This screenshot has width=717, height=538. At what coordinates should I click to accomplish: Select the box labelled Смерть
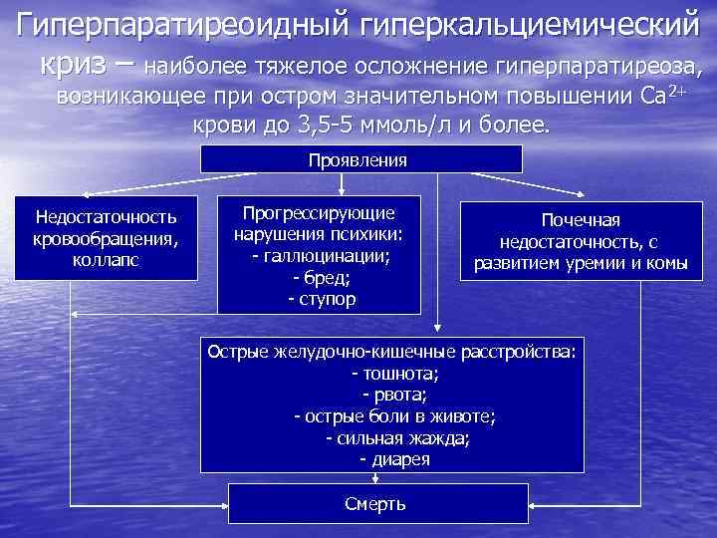coord(374,503)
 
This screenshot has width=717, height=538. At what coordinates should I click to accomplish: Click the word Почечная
coord(579,221)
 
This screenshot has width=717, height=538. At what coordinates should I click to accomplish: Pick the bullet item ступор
coord(322,298)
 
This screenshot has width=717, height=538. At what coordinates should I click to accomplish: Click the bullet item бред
coord(322,277)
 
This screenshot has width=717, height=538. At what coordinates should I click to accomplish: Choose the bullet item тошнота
coord(395,374)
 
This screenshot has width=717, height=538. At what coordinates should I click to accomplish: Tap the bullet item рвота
coord(395,395)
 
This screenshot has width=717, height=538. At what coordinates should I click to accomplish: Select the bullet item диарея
coord(395,459)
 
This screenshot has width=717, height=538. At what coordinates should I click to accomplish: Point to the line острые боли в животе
coord(395,416)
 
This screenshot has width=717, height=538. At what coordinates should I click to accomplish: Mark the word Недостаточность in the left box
coord(105,216)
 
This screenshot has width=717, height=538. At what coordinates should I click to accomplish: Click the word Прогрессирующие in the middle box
coord(321,213)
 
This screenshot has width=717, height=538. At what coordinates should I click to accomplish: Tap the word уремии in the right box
coord(597,263)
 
